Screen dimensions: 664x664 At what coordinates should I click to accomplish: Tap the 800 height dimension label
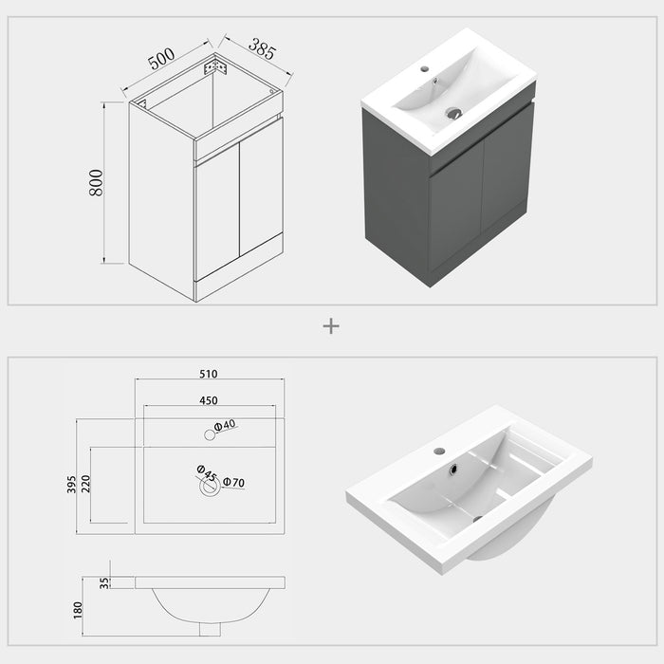(x=96, y=182)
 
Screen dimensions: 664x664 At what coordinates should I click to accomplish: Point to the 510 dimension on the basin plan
(x=210, y=374)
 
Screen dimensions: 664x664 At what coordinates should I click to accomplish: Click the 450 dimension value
(x=210, y=400)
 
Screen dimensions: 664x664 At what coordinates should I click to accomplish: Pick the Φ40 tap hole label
(x=225, y=427)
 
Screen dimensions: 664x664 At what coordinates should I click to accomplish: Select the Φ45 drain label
(x=206, y=470)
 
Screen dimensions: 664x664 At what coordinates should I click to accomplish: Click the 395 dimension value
(x=71, y=485)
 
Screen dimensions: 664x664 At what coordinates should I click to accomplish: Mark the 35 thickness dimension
(x=104, y=582)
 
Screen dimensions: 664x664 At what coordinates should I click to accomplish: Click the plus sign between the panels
(x=331, y=325)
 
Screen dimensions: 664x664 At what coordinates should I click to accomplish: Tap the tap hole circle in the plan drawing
(x=209, y=434)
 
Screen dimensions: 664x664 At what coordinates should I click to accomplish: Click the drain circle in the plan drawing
(x=210, y=487)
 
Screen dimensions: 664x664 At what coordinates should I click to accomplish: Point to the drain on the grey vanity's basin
(x=454, y=113)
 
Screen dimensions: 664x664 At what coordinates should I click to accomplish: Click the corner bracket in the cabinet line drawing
(x=217, y=67)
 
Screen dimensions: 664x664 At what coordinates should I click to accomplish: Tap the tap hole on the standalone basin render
(x=439, y=451)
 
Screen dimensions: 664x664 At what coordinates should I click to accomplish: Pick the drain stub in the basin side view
(x=210, y=629)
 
